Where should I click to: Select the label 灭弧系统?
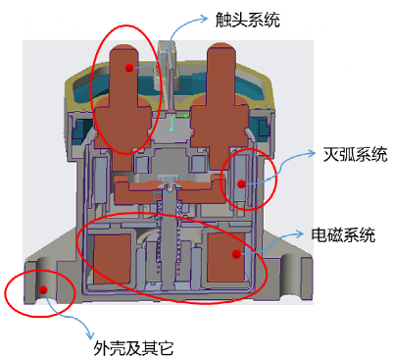click(355, 155)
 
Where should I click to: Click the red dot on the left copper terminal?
click(129, 68)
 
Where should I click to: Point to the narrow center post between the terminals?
click(172, 88)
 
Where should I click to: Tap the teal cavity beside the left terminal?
click(90, 88)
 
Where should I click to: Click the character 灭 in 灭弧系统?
click(331, 155)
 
